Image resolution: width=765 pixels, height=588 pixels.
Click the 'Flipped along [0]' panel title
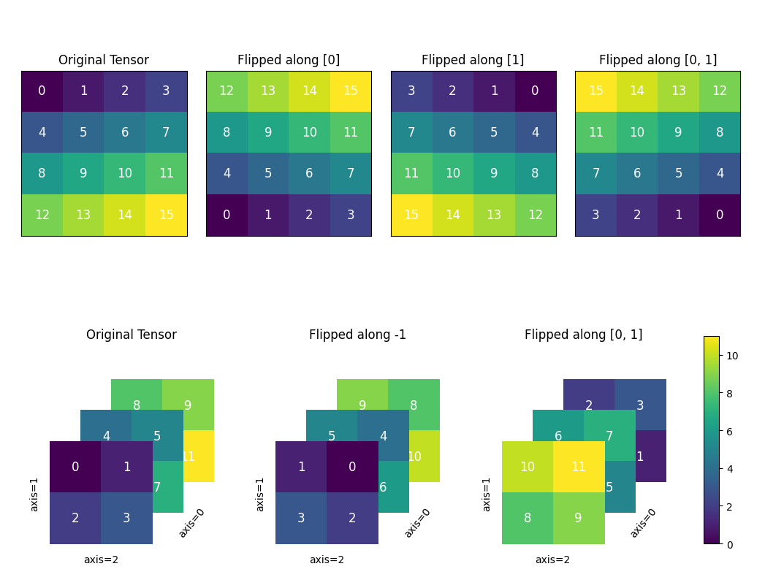pos(289,60)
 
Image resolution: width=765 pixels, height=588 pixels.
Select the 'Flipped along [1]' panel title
pos(473,60)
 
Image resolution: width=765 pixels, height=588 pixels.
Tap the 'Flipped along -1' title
pos(357,335)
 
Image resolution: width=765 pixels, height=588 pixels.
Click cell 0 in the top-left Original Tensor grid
pos(42,91)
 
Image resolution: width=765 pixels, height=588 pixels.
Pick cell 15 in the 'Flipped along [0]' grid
pos(351,91)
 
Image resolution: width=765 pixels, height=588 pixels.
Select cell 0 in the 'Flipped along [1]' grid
pos(536,91)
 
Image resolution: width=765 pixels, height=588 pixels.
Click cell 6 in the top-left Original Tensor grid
pos(125,132)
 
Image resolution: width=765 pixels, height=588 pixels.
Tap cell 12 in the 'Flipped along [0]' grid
pos(227,91)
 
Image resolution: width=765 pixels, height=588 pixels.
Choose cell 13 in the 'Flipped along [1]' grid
pos(494,215)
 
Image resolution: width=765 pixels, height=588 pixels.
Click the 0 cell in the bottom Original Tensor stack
pos(75,467)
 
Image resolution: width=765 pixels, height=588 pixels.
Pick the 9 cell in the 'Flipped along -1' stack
pos(362,405)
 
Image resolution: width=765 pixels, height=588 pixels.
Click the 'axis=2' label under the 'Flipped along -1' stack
pos(327,560)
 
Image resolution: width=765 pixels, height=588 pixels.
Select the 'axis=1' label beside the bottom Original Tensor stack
pos(34,494)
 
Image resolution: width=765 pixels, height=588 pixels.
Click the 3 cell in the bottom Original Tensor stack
pos(126,518)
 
